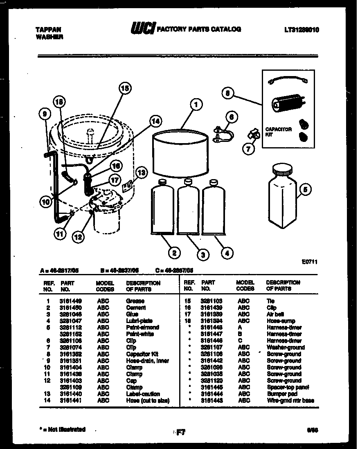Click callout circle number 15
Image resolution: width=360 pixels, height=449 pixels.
click(x=125, y=88)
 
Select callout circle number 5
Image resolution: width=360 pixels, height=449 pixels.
click(x=305, y=189)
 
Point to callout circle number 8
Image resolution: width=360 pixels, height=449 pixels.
click(x=229, y=93)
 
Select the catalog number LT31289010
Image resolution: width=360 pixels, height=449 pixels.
click(x=301, y=29)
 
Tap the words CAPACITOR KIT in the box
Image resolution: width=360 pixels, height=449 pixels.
click(x=278, y=132)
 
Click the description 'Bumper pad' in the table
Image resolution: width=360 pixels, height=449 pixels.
click(x=282, y=394)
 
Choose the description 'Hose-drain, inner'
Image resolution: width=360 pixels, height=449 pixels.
click(x=147, y=361)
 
